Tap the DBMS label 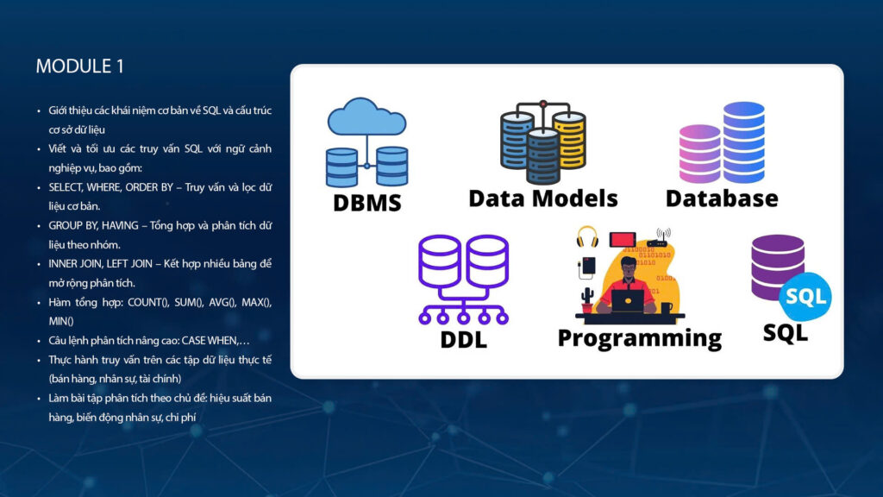367,203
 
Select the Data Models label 542,198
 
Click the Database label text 721,198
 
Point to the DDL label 463,339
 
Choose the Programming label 639,337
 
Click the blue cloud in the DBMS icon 366,119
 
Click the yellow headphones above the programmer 587,236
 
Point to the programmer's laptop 627,300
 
